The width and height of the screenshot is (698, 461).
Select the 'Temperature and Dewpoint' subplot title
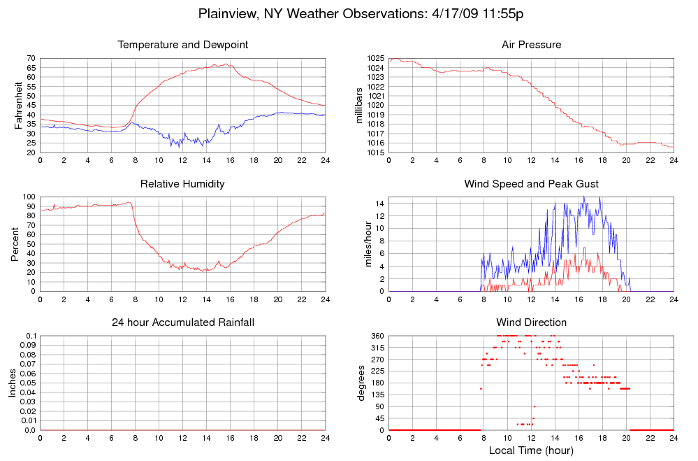click(x=183, y=45)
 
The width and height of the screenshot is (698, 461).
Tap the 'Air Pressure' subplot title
click(x=531, y=45)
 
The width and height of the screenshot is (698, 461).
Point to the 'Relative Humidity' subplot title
click(x=183, y=184)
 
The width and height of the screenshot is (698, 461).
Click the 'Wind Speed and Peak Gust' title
click(x=531, y=184)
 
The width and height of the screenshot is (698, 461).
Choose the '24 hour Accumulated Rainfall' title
click(x=183, y=322)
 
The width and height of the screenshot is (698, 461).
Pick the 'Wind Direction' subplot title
click(x=531, y=322)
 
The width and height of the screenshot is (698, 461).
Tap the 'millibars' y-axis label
click(x=360, y=105)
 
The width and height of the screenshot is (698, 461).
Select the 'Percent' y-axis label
click(x=15, y=244)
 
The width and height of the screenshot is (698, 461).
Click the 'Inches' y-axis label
click(x=12, y=383)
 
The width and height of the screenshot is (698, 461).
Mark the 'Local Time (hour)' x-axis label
click(x=531, y=450)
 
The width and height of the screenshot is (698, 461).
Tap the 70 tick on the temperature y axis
click(x=31, y=58)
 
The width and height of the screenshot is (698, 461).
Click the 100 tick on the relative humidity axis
click(x=29, y=197)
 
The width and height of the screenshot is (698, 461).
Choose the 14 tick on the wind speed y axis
click(x=379, y=204)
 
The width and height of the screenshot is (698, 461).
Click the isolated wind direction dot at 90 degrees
click(x=534, y=406)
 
